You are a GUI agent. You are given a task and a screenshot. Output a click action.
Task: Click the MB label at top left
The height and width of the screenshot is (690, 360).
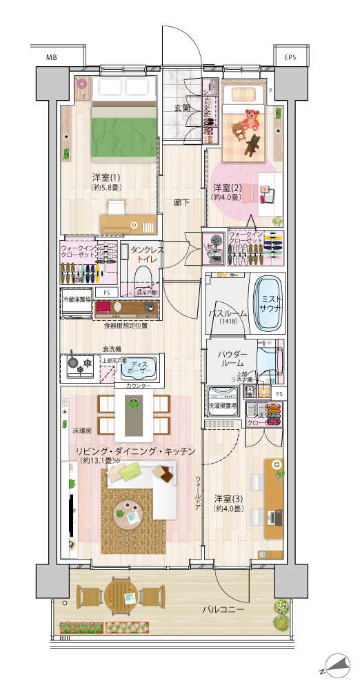(x=52, y=57)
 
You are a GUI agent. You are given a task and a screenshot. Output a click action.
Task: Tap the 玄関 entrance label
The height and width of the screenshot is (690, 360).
(x=182, y=108)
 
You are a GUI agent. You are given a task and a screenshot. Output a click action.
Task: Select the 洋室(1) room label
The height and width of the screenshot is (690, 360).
(x=106, y=177)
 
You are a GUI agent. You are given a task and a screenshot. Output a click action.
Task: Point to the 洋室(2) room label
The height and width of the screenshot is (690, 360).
(x=226, y=188)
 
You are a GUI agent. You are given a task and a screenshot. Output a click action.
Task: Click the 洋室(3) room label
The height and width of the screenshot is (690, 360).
(x=227, y=498)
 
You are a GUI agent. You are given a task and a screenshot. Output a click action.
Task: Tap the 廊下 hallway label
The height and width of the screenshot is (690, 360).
(x=182, y=202)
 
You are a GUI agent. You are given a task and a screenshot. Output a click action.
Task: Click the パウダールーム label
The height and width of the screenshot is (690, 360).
(x=227, y=357)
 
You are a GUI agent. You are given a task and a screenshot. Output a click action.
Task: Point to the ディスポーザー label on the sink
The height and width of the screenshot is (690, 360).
(x=143, y=367)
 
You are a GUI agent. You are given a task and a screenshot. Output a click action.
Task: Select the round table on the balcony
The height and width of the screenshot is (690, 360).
(x=123, y=595)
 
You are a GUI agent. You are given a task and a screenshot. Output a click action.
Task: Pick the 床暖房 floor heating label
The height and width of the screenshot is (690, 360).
(x=82, y=431)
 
